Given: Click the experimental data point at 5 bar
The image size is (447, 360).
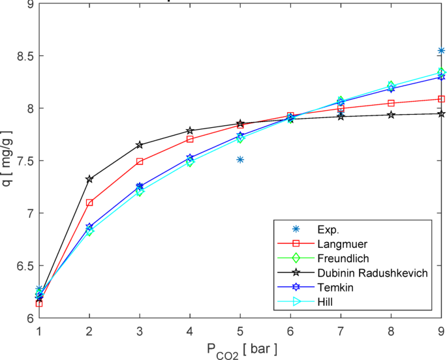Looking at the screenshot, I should click(240, 159).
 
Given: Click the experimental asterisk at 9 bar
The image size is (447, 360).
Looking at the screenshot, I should click(441, 50).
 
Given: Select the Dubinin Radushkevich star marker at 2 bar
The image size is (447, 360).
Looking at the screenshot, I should click(89, 179).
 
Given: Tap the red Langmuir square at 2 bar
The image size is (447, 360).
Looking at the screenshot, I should click(89, 203).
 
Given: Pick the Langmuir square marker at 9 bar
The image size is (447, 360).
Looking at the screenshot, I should click(441, 99).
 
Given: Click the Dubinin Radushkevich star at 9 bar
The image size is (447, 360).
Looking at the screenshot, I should click(441, 113).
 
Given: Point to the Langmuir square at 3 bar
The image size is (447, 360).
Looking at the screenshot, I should click(140, 161).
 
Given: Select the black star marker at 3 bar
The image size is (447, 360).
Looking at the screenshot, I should click(140, 145).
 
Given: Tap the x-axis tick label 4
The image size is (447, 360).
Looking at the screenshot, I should click(190, 331).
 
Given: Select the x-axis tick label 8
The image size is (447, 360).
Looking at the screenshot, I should click(391, 331).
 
